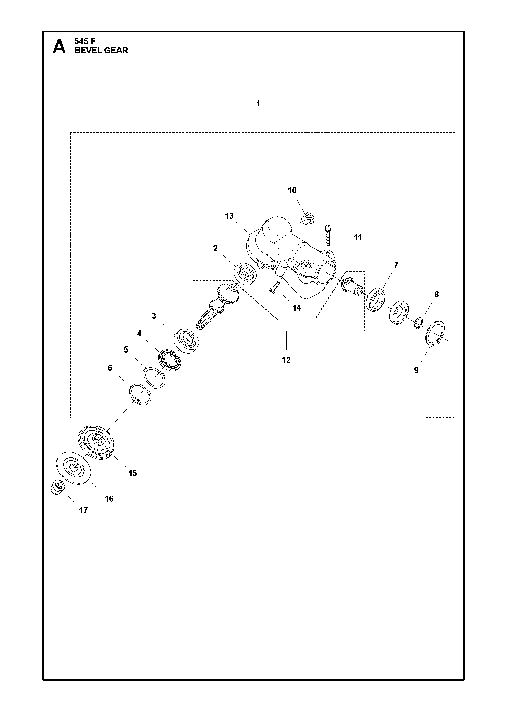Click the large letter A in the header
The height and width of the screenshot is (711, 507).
click(59, 46)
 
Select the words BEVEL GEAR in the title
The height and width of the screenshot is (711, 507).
click(101, 50)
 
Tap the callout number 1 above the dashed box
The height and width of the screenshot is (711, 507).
click(258, 104)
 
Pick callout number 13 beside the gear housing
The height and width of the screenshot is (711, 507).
click(229, 215)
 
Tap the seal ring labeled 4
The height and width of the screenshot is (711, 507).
click(170, 360)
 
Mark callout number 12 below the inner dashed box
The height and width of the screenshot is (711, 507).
click(286, 360)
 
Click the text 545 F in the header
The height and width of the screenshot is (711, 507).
click(85, 41)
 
